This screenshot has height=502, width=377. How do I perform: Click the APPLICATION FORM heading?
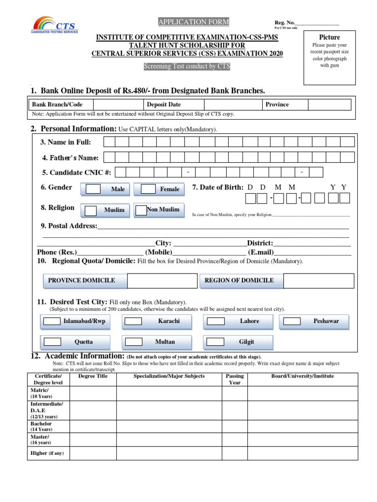193,22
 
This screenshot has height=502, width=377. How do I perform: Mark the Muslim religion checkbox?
91,210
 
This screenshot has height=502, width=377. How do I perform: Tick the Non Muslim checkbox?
141,210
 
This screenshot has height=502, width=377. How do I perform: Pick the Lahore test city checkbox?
215,322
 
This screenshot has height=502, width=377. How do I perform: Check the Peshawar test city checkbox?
292,322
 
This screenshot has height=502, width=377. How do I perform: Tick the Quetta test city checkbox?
52,342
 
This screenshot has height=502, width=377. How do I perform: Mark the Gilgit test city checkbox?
215,342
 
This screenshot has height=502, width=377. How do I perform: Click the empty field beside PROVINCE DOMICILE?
162,281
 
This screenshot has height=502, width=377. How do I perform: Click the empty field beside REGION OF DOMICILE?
318,281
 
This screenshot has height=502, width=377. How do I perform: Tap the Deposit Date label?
163,104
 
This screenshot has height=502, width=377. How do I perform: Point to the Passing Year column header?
235,379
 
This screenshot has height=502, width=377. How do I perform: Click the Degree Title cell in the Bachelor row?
93,426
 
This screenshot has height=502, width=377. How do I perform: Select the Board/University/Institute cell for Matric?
302,393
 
